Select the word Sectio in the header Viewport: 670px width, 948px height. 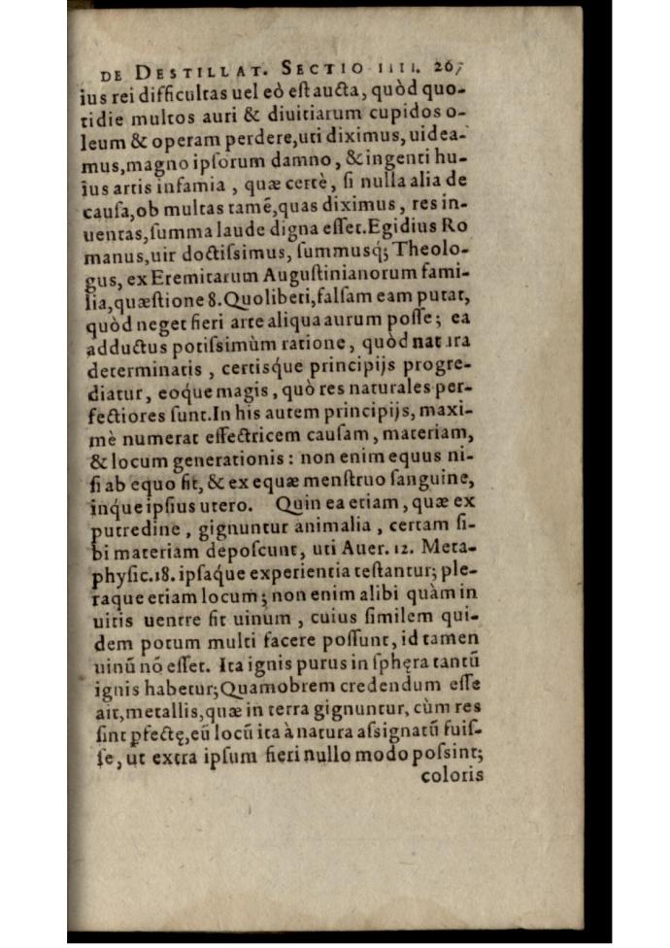tap(322, 69)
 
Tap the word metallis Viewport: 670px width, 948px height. tap(150, 732)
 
